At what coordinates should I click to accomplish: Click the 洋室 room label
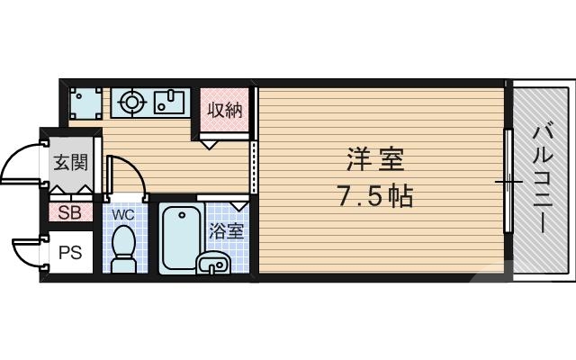click(x=375, y=160)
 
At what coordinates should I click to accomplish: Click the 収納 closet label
click(x=224, y=111)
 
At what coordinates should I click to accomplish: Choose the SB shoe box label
click(x=69, y=213)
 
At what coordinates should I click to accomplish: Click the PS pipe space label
click(x=70, y=253)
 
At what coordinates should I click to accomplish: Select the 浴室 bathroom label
click(x=226, y=230)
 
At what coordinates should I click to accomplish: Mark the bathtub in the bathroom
click(x=181, y=238)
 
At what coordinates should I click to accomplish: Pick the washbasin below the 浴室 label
click(x=214, y=263)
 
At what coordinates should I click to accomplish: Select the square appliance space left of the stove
click(x=85, y=103)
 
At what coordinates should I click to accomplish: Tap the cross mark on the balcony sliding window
click(x=507, y=182)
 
